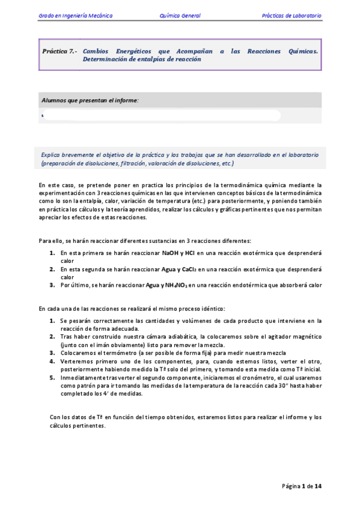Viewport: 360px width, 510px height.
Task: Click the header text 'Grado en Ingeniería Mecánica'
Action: coord(75,15)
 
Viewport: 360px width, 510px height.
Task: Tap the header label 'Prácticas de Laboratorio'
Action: coord(291,15)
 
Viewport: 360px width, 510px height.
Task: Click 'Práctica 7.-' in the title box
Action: coord(59,52)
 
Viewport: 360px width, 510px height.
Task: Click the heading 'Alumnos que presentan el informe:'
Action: coord(90,100)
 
